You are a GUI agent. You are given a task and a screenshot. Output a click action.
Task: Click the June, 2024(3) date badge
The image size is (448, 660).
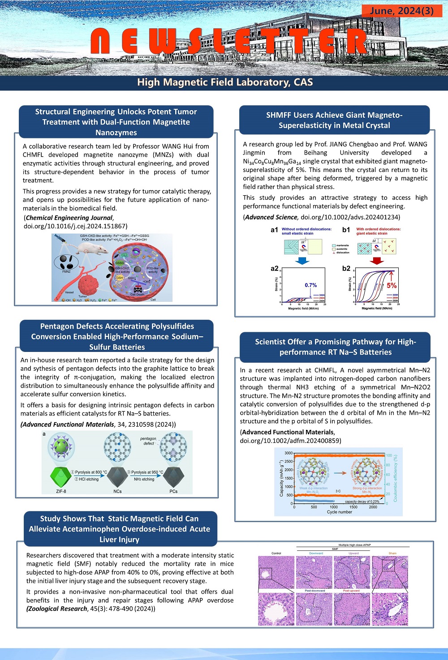pyautogui.click(x=402, y=10)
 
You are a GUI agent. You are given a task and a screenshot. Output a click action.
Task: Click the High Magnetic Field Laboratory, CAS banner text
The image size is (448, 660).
pyautogui.click(x=225, y=82)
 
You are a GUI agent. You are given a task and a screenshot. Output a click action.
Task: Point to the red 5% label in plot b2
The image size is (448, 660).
pyautogui.click(x=392, y=285)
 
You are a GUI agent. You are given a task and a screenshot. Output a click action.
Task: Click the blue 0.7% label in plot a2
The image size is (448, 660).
pyautogui.click(x=310, y=285)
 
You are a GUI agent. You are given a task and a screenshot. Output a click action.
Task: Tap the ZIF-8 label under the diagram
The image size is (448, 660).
pyautogui.click(x=61, y=491)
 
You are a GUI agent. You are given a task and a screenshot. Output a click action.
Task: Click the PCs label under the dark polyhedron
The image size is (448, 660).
pyautogui.click(x=173, y=491)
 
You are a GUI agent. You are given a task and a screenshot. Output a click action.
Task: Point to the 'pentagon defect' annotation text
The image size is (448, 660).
pyautogui.click(x=148, y=441)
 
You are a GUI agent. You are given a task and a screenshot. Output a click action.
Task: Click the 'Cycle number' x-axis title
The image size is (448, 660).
pyautogui.click(x=339, y=512)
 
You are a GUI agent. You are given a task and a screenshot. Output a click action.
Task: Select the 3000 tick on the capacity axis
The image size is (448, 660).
pyautogui.click(x=289, y=453)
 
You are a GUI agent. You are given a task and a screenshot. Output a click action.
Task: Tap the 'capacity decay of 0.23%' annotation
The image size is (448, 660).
pyautogui.click(x=362, y=501)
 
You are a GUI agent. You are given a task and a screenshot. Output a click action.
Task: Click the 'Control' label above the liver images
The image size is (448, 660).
pyautogui.click(x=276, y=553)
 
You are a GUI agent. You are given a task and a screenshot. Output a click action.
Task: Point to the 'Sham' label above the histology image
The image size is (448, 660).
pyautogui.click(x=392, y=553)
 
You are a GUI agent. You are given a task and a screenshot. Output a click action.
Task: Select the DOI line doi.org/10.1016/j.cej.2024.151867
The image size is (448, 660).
pyautogui.click(x=76, y=226)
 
